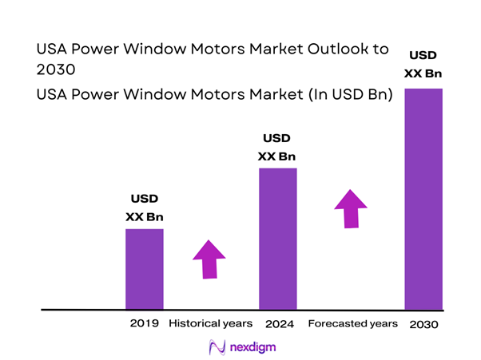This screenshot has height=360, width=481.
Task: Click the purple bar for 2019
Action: tap(145, 268)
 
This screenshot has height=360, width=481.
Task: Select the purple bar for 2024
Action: tap(278, 238)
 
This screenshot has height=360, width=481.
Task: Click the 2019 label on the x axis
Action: tap(145, 324)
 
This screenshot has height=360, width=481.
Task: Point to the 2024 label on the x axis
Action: tap(278, 324)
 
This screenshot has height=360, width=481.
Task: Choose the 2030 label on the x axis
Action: tap(423, 325)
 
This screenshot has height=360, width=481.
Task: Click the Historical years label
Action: tap(211, 324)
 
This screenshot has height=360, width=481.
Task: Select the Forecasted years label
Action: tap(352, 324)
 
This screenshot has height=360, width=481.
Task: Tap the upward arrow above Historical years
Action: tap(209, 258)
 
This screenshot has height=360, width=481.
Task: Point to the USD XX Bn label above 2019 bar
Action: tap(145, 207)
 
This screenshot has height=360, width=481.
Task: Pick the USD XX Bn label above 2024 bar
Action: tap(277, 146)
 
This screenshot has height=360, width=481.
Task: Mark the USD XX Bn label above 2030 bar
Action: tap(423, 64)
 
